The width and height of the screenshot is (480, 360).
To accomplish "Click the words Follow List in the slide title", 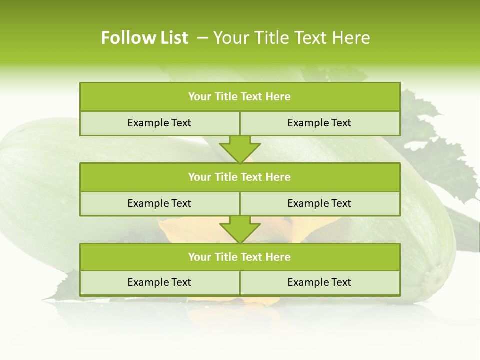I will pos(144,38).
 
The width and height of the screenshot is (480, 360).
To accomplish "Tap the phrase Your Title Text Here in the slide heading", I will pos(292,38).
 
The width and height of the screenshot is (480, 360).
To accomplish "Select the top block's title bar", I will pos(239,97).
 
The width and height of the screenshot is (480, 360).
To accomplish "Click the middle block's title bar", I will pos(239,177).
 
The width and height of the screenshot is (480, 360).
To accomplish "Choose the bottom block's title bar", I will pos(239,257).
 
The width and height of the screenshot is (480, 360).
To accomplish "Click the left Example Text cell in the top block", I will pos(159,123).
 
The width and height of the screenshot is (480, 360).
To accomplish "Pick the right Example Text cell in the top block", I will pos(319,123).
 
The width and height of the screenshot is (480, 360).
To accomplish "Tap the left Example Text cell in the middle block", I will pos(159,203).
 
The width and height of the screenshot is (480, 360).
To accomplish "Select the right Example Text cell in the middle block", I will pos(319,203).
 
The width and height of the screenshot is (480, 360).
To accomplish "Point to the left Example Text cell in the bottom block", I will pos(159,283).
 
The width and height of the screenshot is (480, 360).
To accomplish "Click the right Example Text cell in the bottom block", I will pos(319,283).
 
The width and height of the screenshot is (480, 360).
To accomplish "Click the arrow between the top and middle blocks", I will pos(240,149).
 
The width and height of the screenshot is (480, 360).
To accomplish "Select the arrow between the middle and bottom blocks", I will pos(240,229).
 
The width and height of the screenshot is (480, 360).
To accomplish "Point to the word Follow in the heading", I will pos(126,38).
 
